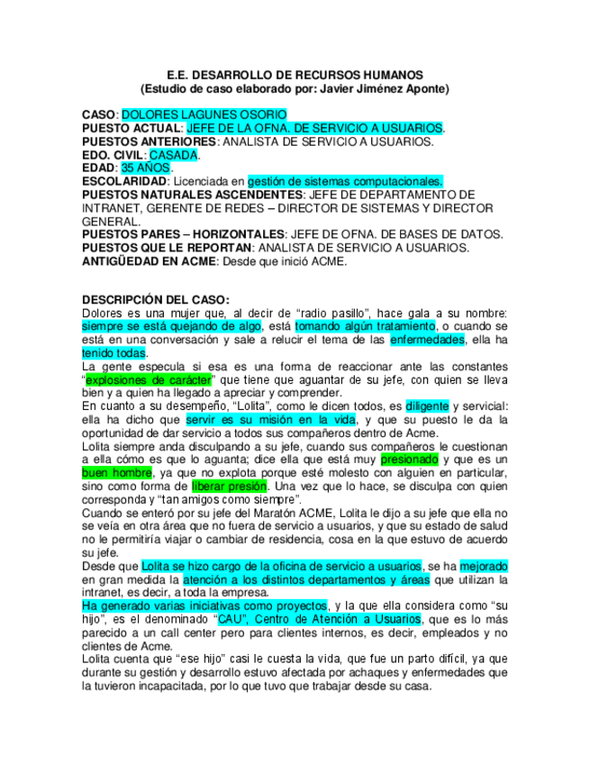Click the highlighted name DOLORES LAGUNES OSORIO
204,115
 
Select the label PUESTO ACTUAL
131,129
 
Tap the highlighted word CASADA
173,155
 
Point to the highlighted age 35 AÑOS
144,168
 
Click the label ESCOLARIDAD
123,181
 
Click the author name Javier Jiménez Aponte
382,90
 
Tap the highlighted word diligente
426,405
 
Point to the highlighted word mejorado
483,566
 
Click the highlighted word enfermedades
427,340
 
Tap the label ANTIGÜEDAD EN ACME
148,261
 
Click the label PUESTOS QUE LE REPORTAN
166,248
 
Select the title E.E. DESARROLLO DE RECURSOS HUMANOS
295,75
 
